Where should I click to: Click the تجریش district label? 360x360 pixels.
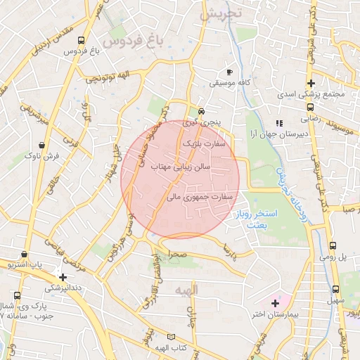pyautogui.click(x=219, y=13)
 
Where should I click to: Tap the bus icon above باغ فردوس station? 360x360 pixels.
pyautogui.click(x=81, y=41)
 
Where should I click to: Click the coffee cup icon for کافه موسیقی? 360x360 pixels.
pyautogui.click(x=229, y=72)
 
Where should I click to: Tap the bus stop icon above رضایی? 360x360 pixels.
pyautogui.click(x=310, y=108)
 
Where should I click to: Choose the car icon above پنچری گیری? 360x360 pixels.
pyautogui.click(x=202, y=110)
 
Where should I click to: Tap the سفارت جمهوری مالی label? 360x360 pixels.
pyautogui.click(x=199, y=198)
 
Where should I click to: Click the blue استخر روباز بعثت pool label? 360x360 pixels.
pyautogui.click(x=258, y=218)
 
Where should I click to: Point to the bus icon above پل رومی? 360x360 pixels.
pyautogui.click(x=333, y=246)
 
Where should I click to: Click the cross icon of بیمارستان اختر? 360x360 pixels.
pyautogui.click(x=274, y=302)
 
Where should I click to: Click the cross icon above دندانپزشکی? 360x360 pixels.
pyautogui.click(x=64, y=277)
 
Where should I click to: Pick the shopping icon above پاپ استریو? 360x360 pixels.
pyautogui.click(x=25, y=255)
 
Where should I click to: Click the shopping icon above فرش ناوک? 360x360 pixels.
pyautogui.click(x=42, y=143)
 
